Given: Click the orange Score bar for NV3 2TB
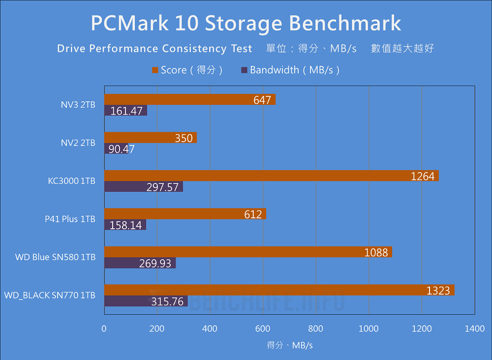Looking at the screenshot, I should [189, 100].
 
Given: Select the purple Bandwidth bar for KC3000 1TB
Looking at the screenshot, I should [143, 187].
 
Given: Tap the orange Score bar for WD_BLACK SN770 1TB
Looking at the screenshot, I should [278, 290].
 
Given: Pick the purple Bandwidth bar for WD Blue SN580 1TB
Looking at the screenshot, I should [140, 263].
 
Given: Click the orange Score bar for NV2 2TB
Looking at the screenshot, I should [150, 138].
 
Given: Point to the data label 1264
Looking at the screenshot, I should [423, 176].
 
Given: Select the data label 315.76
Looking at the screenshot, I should [167, 301].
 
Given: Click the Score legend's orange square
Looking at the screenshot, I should [155, 70].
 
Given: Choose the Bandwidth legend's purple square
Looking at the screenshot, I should [244, 70].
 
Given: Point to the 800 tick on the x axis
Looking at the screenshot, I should [315, 329].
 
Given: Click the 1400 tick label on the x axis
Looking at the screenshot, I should [474, 329].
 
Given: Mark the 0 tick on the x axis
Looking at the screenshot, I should [104, 329].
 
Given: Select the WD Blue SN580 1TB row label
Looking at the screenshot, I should [55, 257].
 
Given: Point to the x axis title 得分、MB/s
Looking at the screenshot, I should [290, 345].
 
